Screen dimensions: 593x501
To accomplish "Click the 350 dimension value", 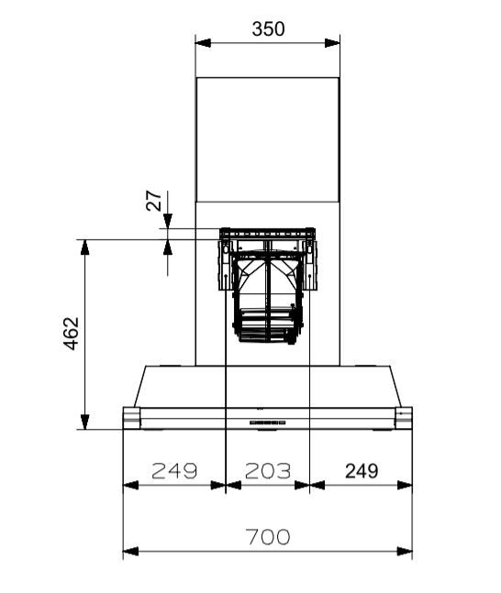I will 268,28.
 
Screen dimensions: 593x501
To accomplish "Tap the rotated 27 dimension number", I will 153,201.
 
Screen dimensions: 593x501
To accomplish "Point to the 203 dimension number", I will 267,471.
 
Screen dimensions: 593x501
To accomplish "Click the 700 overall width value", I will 267,537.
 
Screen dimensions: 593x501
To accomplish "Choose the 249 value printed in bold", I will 362,471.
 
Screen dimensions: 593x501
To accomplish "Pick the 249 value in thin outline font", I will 174,471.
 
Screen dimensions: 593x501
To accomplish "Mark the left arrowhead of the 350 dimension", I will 202,43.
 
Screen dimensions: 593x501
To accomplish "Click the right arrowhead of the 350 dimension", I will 333,43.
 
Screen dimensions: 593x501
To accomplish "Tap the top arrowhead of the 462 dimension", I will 84,247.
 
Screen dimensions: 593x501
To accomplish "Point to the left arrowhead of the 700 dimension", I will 129,552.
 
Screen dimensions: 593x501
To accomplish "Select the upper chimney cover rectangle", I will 267,139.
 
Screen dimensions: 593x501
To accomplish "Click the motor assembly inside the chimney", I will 267,284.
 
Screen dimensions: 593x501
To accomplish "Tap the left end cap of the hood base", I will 131,418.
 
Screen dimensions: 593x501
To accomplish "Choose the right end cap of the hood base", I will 404,418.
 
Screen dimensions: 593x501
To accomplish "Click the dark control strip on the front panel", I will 266,423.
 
